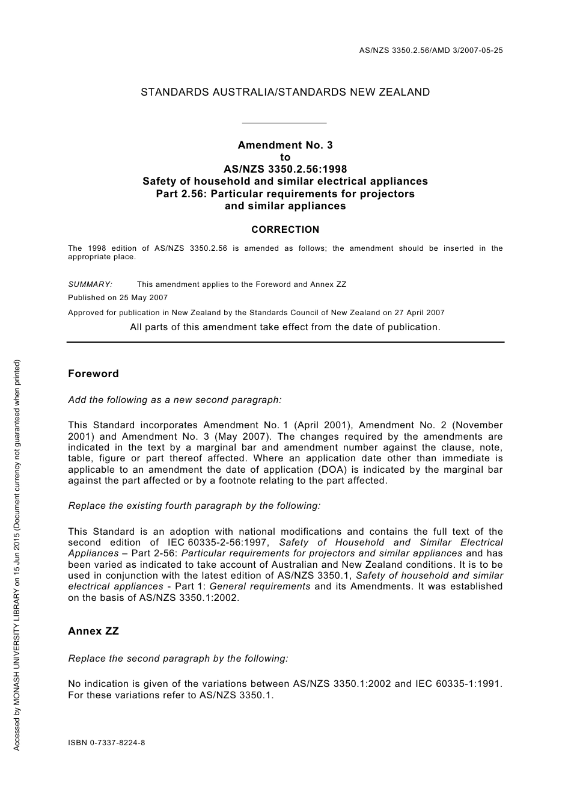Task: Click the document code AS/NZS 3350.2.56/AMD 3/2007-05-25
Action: (430, 51)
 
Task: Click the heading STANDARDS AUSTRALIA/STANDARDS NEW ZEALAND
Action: (285, 92)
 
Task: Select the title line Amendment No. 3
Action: (285, 145)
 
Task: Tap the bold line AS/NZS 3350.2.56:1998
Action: (285, 169)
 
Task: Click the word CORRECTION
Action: (285, 229)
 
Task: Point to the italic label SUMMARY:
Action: (90, 285)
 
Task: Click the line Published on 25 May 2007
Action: (118, 298)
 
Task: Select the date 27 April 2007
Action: (419, 312)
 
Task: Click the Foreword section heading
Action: (93, 374)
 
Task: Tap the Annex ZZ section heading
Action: (93, 631)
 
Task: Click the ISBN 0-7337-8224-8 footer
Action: (106, 742)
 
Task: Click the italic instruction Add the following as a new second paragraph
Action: (175, 399)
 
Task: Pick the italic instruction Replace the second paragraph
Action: (178, 659)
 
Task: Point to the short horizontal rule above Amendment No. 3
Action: (283, 123)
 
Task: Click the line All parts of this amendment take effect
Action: (285, 327)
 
